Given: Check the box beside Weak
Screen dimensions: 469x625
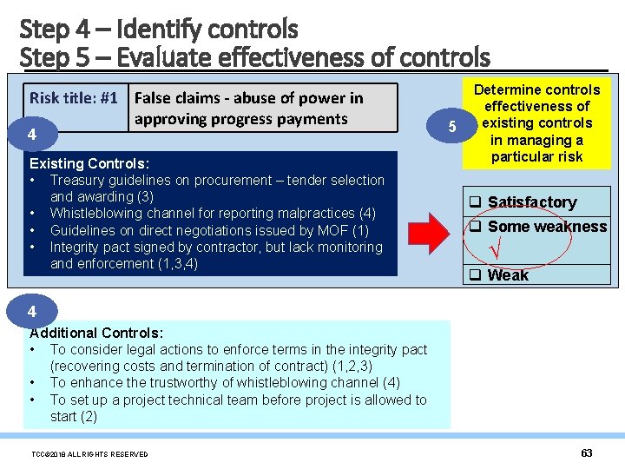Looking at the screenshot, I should click(x=476, y=275).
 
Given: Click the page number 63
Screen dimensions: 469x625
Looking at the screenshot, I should click(x=586, y=453).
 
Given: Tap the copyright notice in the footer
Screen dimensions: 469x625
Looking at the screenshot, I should click(x=89, y=454).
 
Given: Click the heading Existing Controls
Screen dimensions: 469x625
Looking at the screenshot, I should click(x=89, y=163).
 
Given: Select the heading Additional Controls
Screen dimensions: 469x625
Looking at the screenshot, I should click(x=96, y=333).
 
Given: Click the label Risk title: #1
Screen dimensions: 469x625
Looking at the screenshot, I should click(x=74, y=98).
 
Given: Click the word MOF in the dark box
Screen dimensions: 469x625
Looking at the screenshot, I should click(x=332, y=230).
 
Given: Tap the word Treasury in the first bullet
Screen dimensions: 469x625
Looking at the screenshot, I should click(x=77, y=181).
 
